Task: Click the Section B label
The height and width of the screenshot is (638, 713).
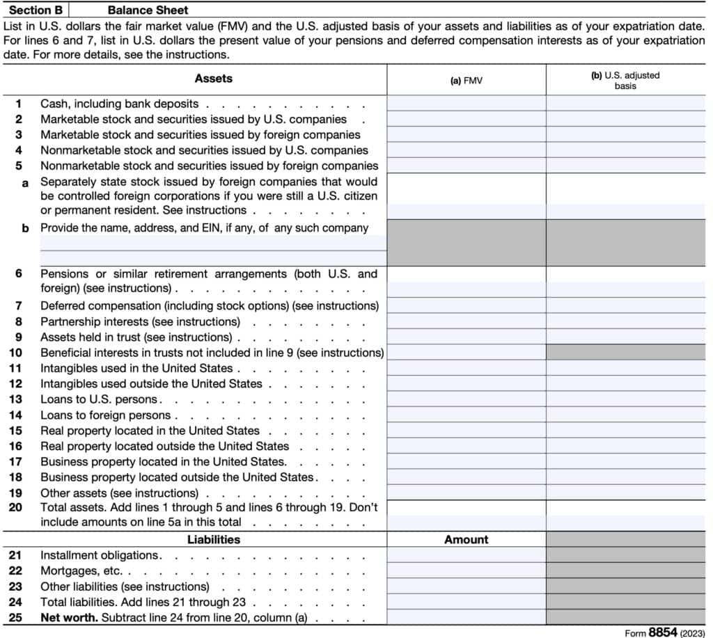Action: pyautogui.click(x=35, y=10)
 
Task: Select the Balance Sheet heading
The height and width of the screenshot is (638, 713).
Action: pyautogui.click(x=148, y=10)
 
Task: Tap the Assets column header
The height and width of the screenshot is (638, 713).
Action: pyautogui.click(x=214, y=79)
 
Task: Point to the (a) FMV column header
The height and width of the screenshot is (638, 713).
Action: pyautogui.click(x=467, y=81)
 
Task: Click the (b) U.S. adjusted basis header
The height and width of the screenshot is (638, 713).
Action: pyautogui.click(x=625, y=80)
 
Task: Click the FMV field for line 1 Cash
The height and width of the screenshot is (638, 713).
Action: pyautogui.click(x=467, y=103)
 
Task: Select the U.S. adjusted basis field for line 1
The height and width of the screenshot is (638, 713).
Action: pyautogui.click(x=625, y=103)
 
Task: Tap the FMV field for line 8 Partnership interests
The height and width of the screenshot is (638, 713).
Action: pyautogui.click(x=467, y=321)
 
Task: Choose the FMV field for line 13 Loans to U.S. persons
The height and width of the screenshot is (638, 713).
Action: pyautogui.click(x=467, y=399)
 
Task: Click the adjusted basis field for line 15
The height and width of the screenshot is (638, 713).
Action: pyautogui.click(x=625, y=431)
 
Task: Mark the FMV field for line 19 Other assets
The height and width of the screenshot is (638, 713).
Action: pyautogui.click(x=467, y=493)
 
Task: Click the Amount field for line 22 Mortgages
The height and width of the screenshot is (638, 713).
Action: pyautogui.click(x=467, y=571)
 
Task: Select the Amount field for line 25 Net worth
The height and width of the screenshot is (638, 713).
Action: pyautogui.click(x=467, y=617)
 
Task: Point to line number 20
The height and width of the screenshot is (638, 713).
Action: pyautogui.click(x=15, y=508)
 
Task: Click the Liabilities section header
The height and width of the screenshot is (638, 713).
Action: pyautogui.click(x=214, y=539)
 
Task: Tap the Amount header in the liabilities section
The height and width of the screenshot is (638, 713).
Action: pyautogui.click(x=467, y=539)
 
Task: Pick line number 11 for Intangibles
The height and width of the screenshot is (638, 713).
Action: pyautogui.click(x=15, y=368)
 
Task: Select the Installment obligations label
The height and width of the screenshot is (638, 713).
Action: pyautogui.click(x=100, y=555)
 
